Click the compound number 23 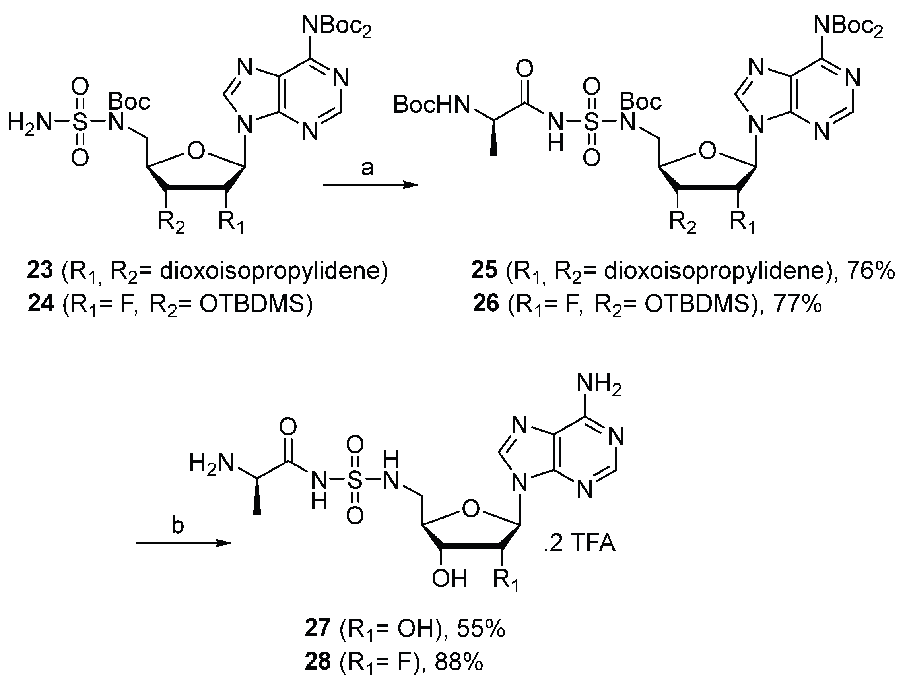coord(40,271)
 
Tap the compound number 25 coord(484,271)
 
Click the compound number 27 coord(317,629)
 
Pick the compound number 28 coord(317,662)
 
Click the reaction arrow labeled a coord(370,185)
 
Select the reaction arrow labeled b coord(184,543)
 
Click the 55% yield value coord(481,629)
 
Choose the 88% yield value coord(458,662)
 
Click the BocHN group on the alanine coord(432,105)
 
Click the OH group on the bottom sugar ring coord(449,579)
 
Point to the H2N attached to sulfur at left coord(30,123)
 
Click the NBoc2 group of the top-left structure coord(337,27)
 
